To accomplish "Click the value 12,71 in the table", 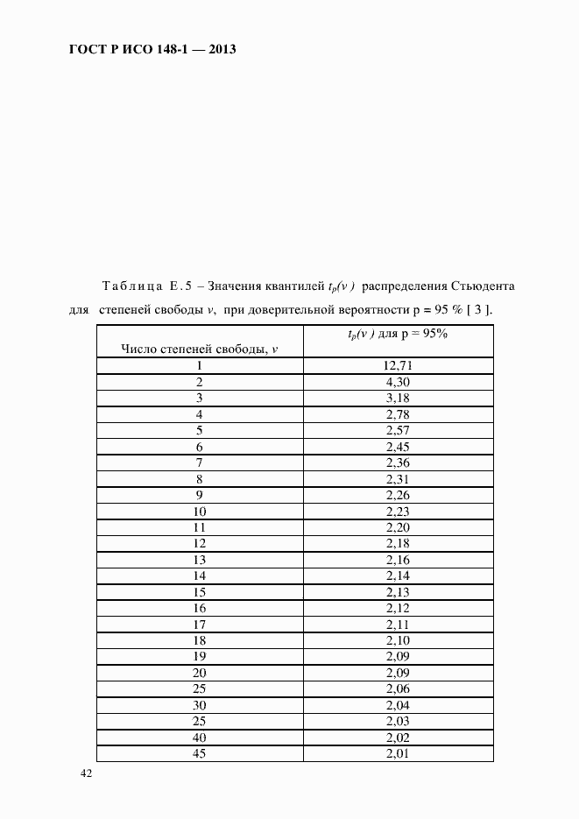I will (x=398, y=365).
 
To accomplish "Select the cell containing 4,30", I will (x=398, y=382).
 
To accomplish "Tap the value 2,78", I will (x=398, y=414).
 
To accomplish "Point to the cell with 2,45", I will (x=398, y=447).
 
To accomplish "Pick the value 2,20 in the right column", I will (x=398, y=527).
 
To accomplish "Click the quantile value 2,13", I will (x=398, y=592).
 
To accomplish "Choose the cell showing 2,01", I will (x=398, y=754).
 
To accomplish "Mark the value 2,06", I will (x=398, y=689).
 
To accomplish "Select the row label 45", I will (x=200, y=754).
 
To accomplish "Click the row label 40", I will (x=200, y=738).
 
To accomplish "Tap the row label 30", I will (x=200, y=705).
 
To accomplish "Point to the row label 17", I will (x=200, y=625).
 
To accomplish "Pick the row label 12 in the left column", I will (x=200, y=544).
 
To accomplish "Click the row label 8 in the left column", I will (x=200, y=479).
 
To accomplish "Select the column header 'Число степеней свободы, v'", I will (x=199, y=349).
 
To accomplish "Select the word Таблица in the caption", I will (x=132, y=286).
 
